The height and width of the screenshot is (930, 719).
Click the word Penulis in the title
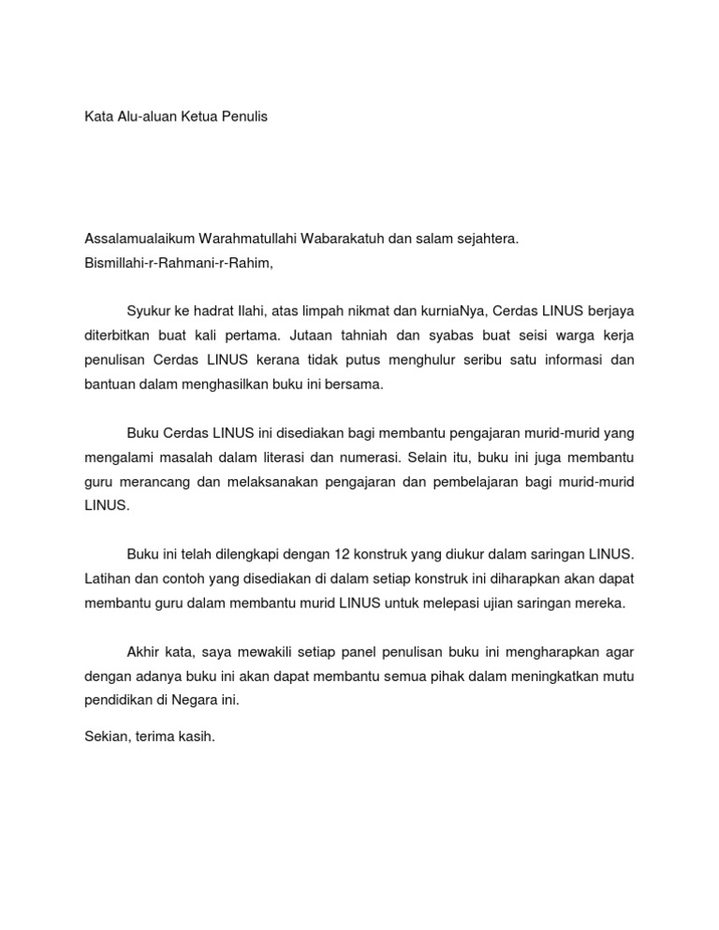pos(242,119)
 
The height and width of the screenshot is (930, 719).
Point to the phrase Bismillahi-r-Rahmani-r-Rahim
pos(178,262)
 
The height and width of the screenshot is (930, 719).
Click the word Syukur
pos(148,311)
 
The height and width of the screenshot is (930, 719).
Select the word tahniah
pos(370,335)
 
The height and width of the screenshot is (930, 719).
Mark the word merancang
pos(153,481)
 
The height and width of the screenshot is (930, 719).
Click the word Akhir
pos(143,651)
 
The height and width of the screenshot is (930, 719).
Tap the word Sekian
pos(106,737)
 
